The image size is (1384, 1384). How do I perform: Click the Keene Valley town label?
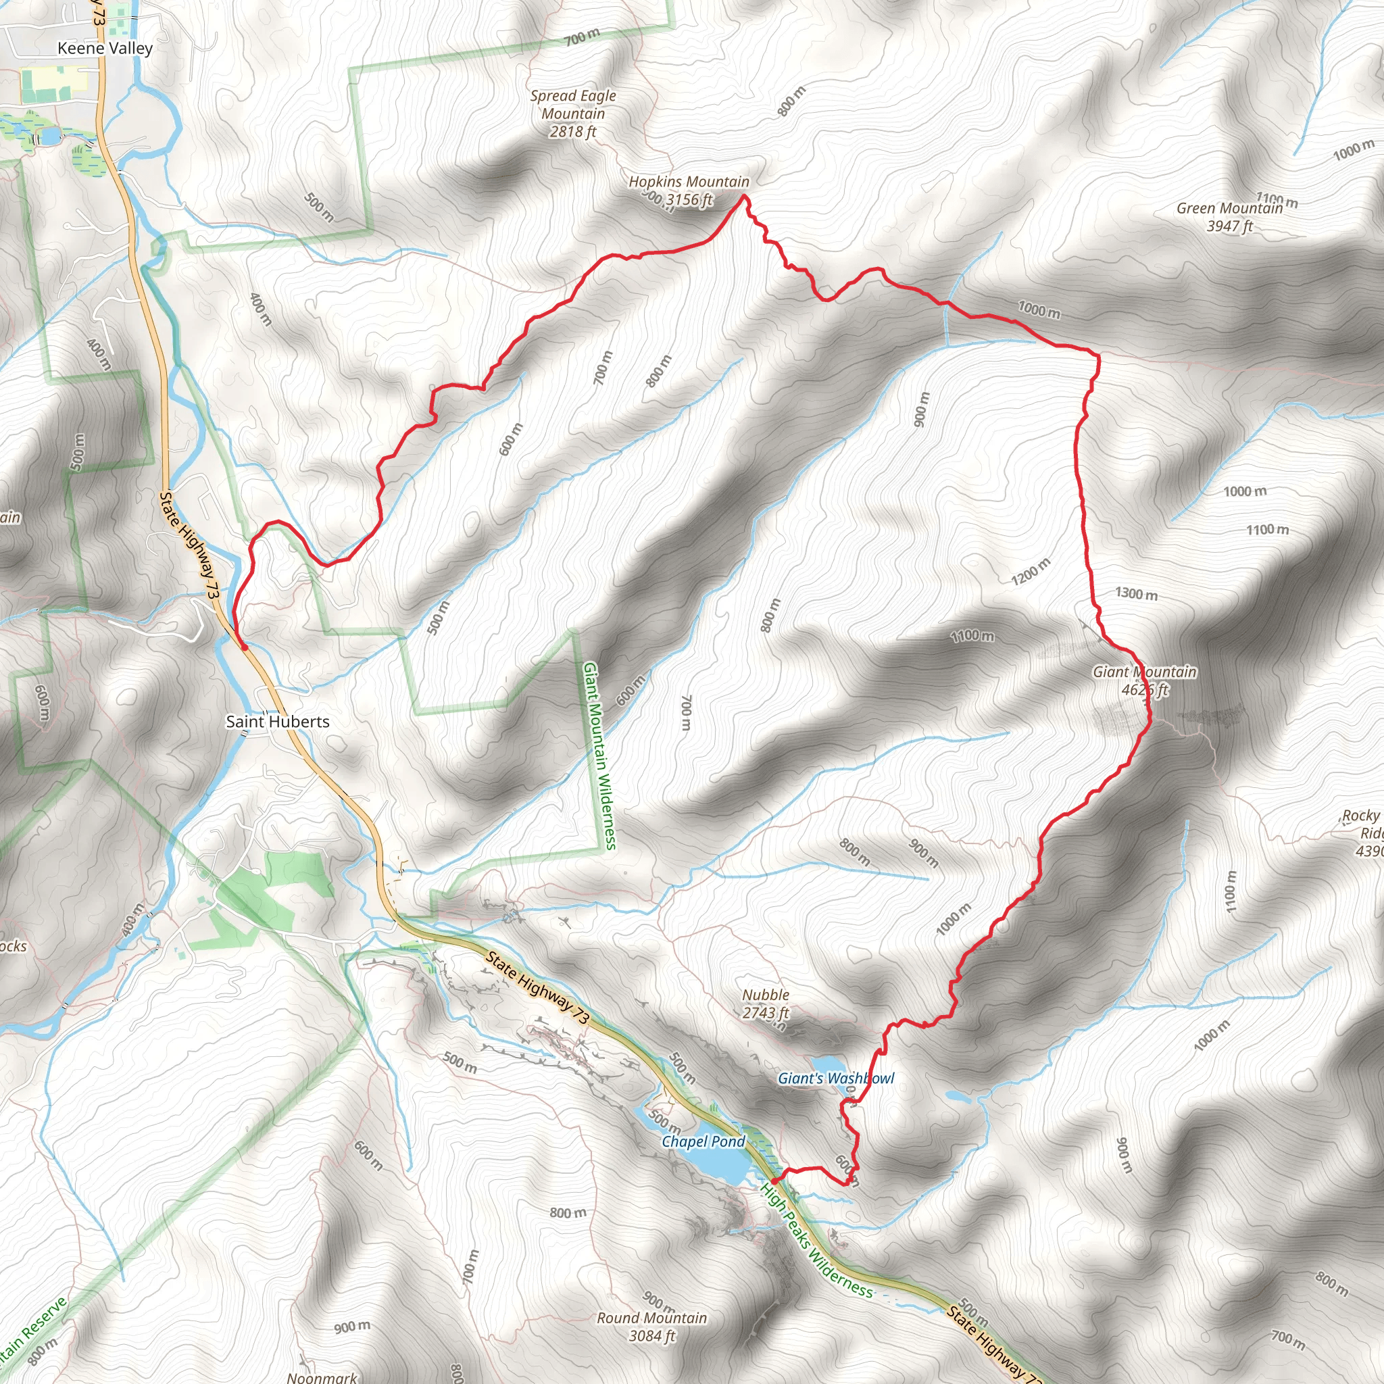(x=105, y=48)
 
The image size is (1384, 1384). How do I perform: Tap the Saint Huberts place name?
(x=277, y=721)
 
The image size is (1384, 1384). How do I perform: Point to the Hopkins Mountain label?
(x=689, y=182)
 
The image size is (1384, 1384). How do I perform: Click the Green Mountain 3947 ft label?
(x=1229, y=217)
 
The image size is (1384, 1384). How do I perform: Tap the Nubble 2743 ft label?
(x=765, y=1004)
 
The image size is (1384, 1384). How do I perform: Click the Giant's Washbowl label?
(x=836, y=1078)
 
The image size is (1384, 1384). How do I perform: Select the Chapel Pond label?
(x=703, y=1141)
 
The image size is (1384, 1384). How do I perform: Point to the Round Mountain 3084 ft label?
(x=652, y=1327)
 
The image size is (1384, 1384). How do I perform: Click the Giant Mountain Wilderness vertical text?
(x=599, y=756)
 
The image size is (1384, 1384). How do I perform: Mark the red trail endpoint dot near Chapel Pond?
(x=775, y=1181)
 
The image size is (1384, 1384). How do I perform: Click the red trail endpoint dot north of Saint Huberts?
(x=244, y=647)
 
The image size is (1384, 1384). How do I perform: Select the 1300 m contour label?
(x=1136, y=594)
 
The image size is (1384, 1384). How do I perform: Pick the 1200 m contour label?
(x=1031, y=571)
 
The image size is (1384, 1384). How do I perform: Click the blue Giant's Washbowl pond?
(x=827, y=1063)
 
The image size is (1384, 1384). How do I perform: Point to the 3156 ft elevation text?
(x=689, y=200)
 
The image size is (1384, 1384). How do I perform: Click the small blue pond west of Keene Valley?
(x=50, y=135)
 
